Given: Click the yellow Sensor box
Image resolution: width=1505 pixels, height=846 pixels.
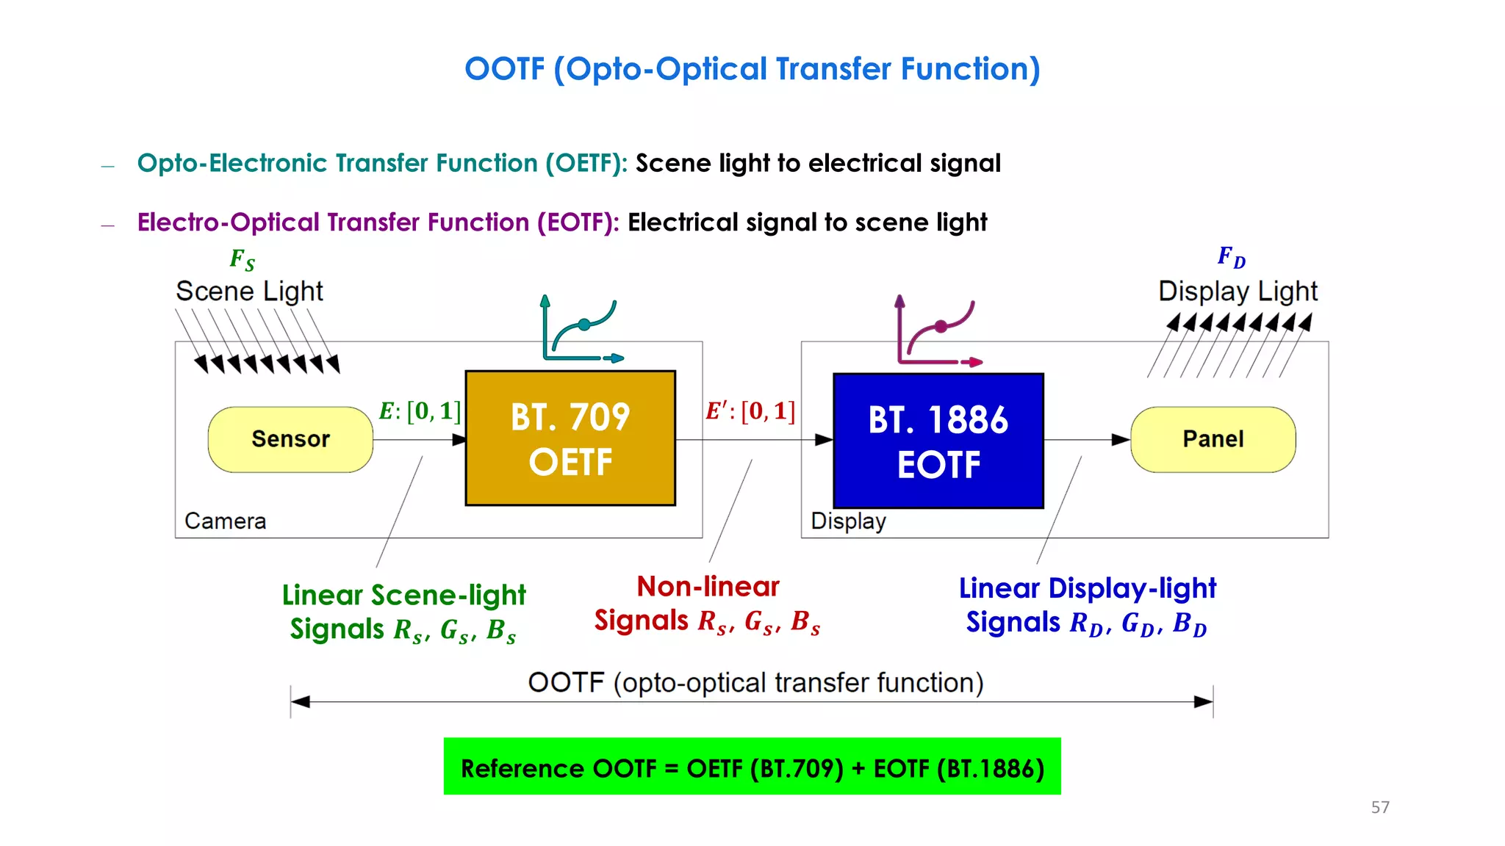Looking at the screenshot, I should pyautogui.click(x=290, y=439).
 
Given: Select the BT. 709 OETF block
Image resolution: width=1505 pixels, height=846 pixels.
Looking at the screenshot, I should pyautogui.click(x=570, y=438).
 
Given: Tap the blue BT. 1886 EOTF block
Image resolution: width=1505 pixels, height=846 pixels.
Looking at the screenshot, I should pyautogui.click(x=938, y=441).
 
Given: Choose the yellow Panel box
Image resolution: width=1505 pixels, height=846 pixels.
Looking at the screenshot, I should pyautogui.click(x=1213, y=439).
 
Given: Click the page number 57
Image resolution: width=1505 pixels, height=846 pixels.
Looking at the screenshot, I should pyautogui.click(x=1380, y=807).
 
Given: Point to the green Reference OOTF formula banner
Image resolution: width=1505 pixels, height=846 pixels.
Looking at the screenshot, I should pyautogui.click(x=752, y=767).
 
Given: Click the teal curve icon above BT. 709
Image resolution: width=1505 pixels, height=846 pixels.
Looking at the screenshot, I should pyautogui.click(x=581, y=330).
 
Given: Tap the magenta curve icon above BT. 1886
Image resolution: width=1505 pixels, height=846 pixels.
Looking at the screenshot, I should pyautogui.click(x=938, y=332).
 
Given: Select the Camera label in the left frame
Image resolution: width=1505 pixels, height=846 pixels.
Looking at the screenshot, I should pyautogui.click(x=225, y=521).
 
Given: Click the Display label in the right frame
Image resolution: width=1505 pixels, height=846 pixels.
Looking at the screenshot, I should pyautogui.click(x=848, y=521).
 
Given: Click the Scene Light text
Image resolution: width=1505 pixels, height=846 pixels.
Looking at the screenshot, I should pyautogui.click(x=249, y=292).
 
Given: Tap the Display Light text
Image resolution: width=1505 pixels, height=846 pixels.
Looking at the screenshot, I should pyautogui.click(x=1238, y=292).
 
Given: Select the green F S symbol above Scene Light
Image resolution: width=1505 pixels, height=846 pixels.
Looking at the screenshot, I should pyautogui.click(x=242, y=259).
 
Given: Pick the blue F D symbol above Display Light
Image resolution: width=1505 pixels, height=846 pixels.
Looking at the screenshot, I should pyautogui.click(x=1231, y=257).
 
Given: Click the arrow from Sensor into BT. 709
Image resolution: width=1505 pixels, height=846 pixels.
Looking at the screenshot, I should pyautogui.click(x=419, y=440).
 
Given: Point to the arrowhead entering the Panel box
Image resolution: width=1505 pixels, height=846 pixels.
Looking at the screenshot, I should pyautogui.click(x=1120, y=440).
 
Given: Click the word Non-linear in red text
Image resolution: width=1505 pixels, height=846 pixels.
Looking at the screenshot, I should pyautogui.click(x=708, y=586).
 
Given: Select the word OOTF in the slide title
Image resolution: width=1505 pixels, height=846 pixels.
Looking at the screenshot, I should pyautogui.click(x=505, y=69).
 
